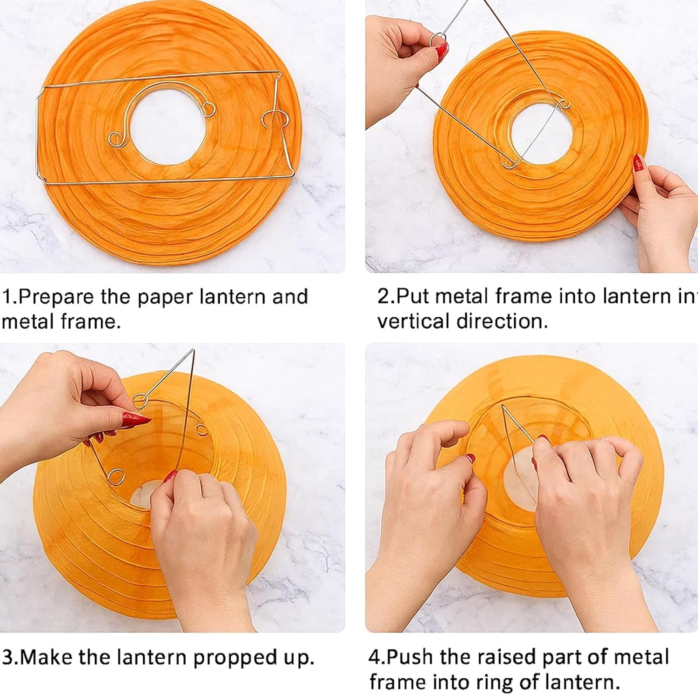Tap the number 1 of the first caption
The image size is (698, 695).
pos(7,297)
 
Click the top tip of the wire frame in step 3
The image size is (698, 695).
pos(193,350)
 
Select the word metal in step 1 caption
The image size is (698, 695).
pos(27,321)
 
